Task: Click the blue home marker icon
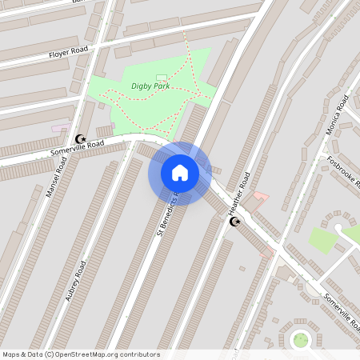[179, 173]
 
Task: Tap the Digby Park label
[150, 86]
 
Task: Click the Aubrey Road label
[75, 279]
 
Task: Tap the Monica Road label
[337, 117]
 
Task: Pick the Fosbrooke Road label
[343, 170]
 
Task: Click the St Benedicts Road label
[166, 219]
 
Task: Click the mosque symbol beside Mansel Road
[79, 138]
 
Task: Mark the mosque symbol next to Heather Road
[234, 221]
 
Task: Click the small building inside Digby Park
[162, 77]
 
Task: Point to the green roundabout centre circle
[301, 340]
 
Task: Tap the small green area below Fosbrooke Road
[322, 239]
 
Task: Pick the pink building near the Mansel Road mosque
[60, 128]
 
